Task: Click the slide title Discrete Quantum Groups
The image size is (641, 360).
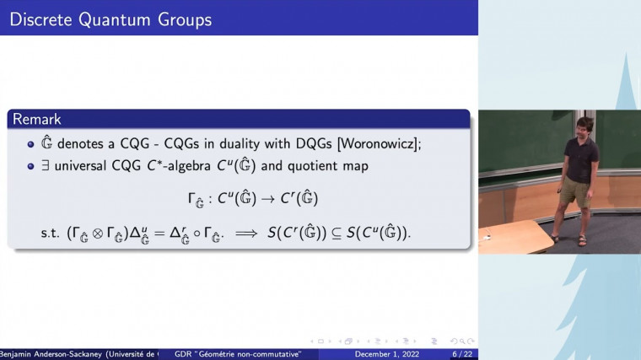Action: click(110, 19)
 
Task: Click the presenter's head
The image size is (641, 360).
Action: click(584, 128)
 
